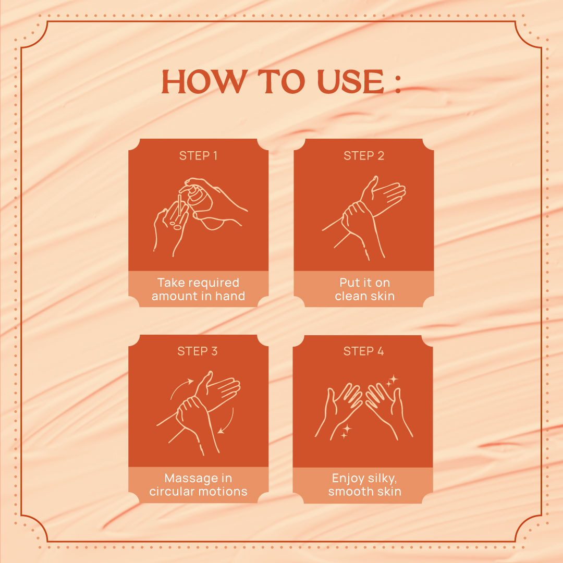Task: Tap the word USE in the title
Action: pos(351,81)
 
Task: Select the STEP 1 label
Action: pos(198,155)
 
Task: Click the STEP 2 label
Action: pos(364,155)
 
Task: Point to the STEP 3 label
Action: pos(198,351)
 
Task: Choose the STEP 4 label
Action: pos(363,351)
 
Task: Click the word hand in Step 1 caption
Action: pos(230,296)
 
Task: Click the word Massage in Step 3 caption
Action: pos(188,479)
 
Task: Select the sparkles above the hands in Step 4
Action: pos(391,381)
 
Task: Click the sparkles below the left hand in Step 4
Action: pos(346,431)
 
